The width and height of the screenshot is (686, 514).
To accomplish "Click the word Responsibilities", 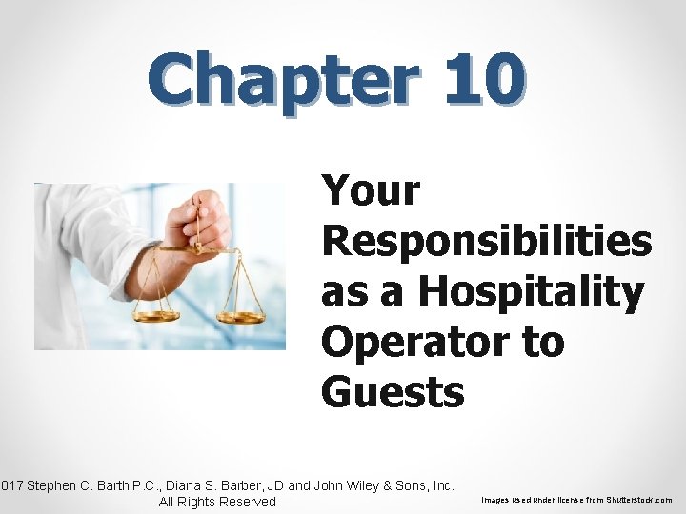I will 487,241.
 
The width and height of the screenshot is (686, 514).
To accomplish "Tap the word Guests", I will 393,390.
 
